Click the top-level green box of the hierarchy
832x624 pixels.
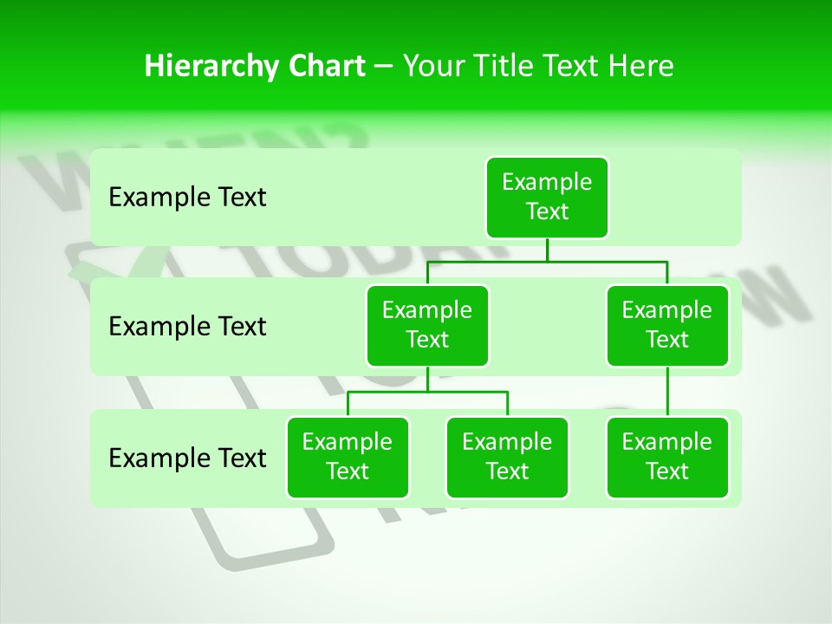[547, 197]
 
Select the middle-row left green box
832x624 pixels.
[427, 325]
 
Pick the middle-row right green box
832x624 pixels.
[667, 325]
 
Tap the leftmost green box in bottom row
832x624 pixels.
[348, 457]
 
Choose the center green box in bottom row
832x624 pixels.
[507, 457]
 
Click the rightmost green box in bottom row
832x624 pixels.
[667, 457]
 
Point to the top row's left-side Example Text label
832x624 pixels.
[187, 198]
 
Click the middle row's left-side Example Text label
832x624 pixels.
[187, 327]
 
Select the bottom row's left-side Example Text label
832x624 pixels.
[187, 458]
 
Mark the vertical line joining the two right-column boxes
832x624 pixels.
[667, 392]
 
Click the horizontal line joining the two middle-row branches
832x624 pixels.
[547, 261]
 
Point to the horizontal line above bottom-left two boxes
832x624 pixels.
[427, 392]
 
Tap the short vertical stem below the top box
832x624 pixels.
[547, 250]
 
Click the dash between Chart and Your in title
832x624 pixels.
[384, 67]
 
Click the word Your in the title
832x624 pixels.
[432, 67]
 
